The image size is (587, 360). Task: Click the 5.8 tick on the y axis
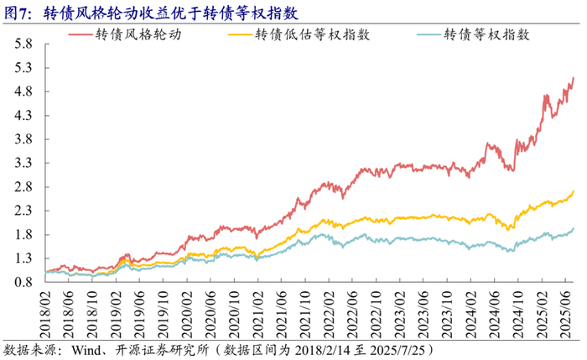pyautogui.click(x=23, y=44)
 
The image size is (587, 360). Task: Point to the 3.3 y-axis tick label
pyautogui.click(x=23, y=164)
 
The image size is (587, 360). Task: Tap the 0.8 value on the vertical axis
pyautogui.click(x=23, y=283)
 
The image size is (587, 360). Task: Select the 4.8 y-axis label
pyautogui.click(x=23, y=91)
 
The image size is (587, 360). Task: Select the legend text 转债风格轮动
pyautogui.click(x=138, y=34)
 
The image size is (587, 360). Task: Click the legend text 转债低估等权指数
pyautogui.click(x=313, y=34)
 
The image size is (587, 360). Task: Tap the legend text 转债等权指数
pyautogui.click(x=486, y=34)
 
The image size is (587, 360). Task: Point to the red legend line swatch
pyautogui.click(x=81, y=34)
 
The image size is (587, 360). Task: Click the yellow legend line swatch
pyautogui.click(x=240, y=34)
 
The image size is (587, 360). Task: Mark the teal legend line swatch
pyautogui.click(x=429, y=34)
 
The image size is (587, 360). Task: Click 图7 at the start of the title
pyautogui.click(x=15, y=13)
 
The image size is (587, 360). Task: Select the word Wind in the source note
pyautogui.click(x=86, y=350)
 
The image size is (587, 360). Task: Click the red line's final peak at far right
pyautogui.click(x=573, y=77)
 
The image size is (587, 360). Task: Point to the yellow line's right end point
pyautogui.click(x=573, y=191)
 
